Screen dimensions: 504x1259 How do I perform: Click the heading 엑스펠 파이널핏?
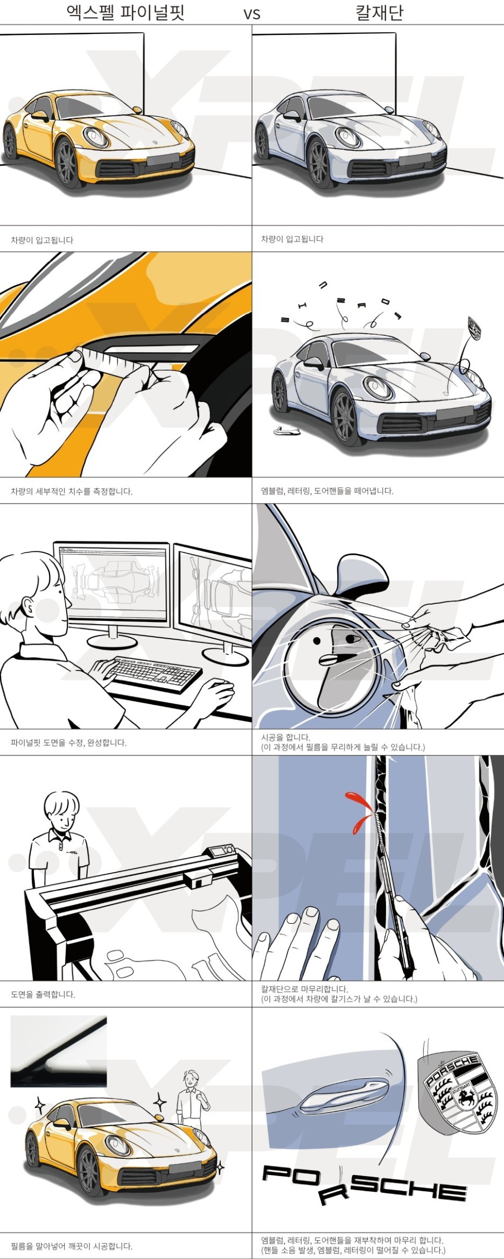(125, 12)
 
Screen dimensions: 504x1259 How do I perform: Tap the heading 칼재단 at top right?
(380, 12)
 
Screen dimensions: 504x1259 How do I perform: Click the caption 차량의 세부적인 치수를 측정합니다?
(72, 491)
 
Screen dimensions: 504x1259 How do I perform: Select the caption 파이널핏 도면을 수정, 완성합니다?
(69, 742)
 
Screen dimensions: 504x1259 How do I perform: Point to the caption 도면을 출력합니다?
(43, 994)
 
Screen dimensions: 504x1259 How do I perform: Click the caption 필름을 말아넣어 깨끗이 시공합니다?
(72, 1246)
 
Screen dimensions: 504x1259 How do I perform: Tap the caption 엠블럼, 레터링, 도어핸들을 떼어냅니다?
(327, 491)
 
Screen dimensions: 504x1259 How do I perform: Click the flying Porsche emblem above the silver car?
(474, 328)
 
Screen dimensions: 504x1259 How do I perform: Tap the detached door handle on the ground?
(286, 430)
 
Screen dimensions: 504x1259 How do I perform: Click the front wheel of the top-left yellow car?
(68, 162)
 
